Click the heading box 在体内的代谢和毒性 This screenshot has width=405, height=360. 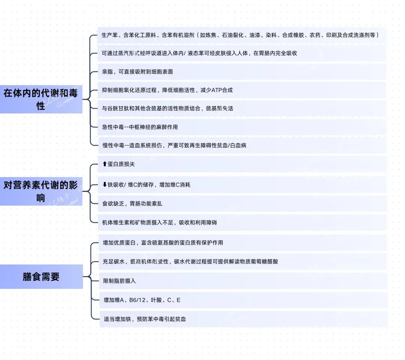(41, 99)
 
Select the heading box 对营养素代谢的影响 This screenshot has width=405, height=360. (41, 191)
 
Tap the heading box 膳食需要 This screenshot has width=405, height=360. (41, 277)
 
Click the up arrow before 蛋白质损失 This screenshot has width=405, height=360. (105, 164)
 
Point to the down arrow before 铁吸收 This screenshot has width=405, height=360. (105, 184)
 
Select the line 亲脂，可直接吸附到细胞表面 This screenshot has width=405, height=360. (137, 72)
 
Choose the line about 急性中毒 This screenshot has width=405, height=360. (140, 127)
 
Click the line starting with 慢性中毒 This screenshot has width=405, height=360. (174, 145)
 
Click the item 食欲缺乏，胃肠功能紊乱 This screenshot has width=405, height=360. (132, 204)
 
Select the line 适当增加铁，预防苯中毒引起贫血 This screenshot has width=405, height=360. (145, 319)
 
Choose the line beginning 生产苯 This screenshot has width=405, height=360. (240, 35)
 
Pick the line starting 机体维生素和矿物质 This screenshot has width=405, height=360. (159, 222)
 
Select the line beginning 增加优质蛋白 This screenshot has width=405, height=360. (163, 243)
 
